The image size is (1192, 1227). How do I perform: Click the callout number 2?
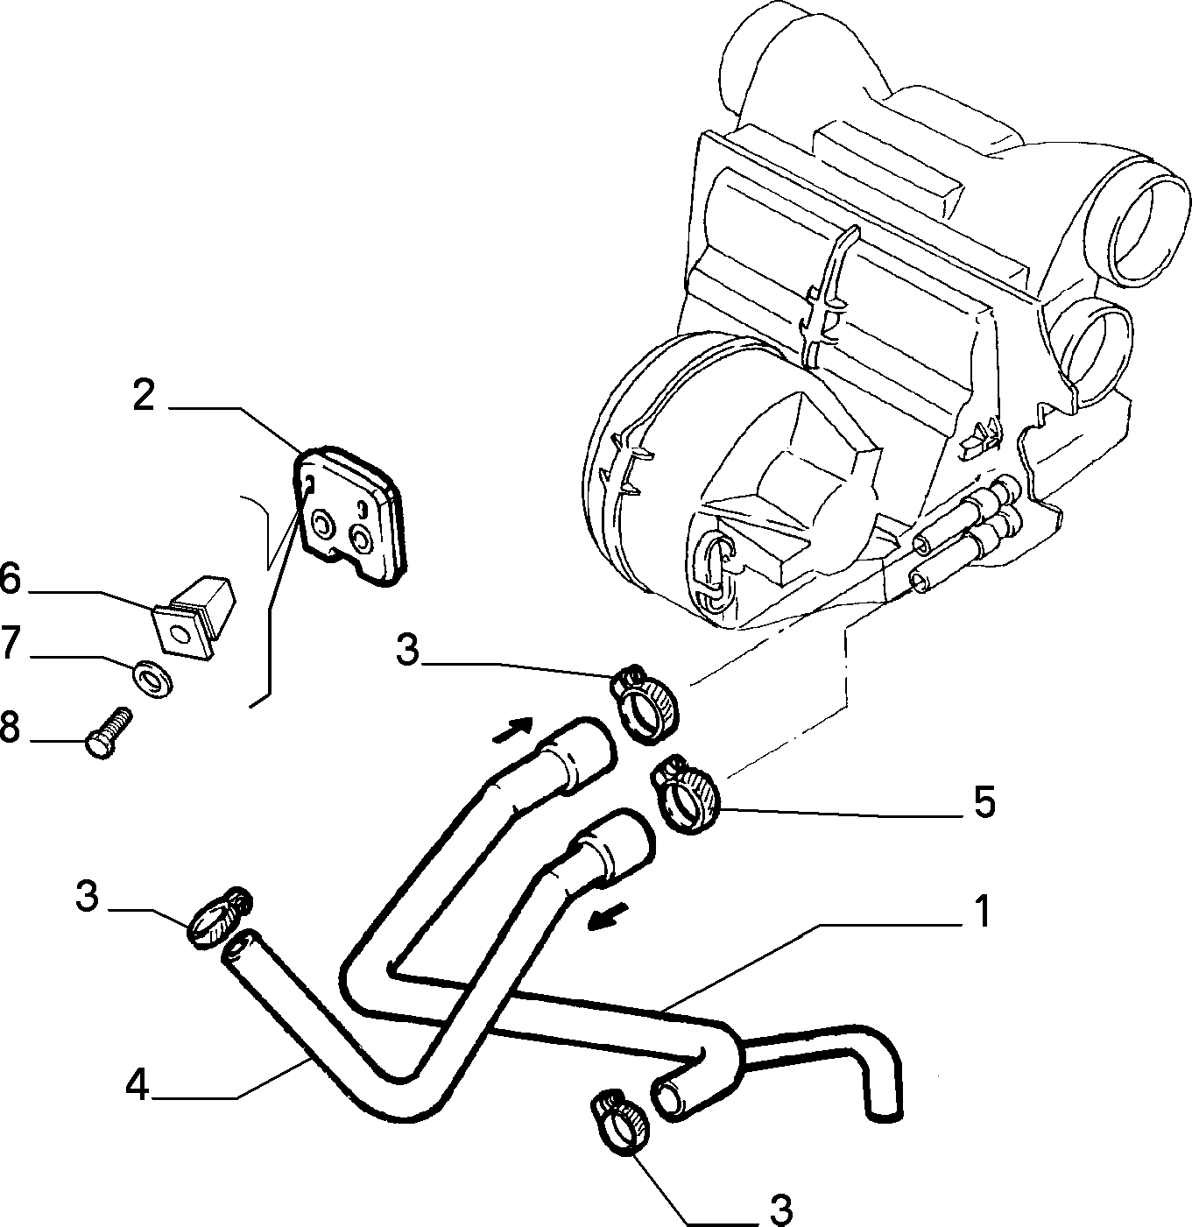[x=144, y=396]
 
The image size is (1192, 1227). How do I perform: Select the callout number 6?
[x=10, y=579]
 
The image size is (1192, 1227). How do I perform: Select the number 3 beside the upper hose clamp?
[x=407, y=650]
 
